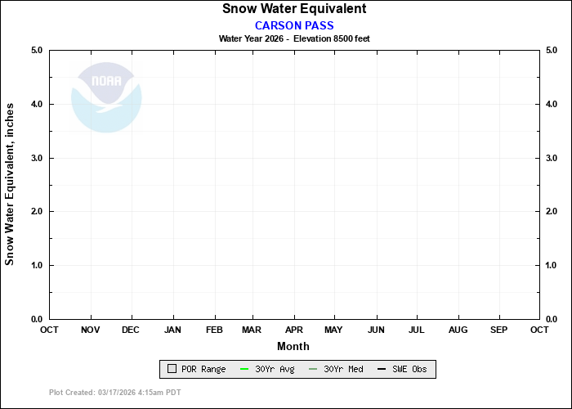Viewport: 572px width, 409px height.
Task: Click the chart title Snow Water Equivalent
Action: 294,9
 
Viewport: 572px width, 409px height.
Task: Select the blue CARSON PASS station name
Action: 294,25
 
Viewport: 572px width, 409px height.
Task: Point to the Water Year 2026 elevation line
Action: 294,38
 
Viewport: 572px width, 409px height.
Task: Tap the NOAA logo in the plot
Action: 106,97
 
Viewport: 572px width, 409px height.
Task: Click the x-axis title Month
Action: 293,346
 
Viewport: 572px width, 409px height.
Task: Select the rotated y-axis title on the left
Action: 11,184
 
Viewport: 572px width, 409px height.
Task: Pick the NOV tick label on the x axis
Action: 91,330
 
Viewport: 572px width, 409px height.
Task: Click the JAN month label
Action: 172,330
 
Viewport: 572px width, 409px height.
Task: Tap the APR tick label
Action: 293,330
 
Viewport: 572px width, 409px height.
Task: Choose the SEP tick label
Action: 498,330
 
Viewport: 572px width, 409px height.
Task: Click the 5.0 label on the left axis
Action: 36,51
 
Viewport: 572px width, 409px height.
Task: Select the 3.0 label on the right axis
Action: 552,158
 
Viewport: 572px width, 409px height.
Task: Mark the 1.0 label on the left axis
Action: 36,266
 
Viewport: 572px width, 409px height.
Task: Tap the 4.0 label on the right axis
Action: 552,105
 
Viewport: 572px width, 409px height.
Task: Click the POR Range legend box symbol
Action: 172,370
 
